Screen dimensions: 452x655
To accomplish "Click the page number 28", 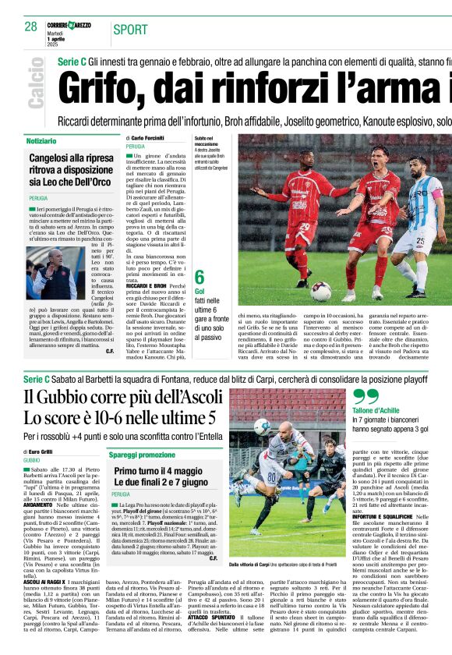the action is (x=30, y=27).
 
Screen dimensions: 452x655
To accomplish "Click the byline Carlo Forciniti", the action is (x=147, y=138).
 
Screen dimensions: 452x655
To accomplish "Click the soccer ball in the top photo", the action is (x=320, y=292).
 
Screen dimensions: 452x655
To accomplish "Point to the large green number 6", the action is (x=200, y=278).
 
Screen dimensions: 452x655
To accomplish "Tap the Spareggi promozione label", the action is (x=142, y=455).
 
